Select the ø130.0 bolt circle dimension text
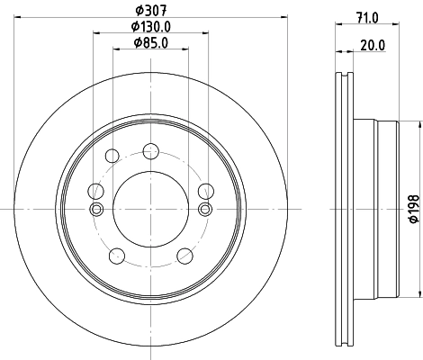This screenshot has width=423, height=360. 149,26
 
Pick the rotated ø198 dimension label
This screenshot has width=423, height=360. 410,209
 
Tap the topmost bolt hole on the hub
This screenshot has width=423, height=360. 150,150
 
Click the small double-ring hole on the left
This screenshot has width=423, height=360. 96,210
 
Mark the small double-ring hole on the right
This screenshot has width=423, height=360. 204,210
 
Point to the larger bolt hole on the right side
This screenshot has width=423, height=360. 204,190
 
